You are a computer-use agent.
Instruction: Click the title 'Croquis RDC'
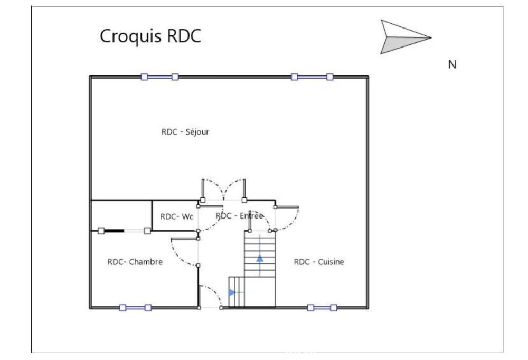(x=150, y=37)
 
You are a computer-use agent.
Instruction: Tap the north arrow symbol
(x=404, y=37)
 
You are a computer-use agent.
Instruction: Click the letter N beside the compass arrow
(x=452, y=64)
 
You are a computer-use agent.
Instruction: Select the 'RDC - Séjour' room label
(x=185, y=132)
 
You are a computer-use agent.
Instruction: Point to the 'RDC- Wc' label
(x=177, y=216)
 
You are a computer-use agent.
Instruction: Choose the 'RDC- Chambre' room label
(x=135, y=262)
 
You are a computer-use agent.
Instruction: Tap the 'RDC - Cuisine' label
(x=319, y=262)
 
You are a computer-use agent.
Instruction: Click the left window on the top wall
(x=159, y=77)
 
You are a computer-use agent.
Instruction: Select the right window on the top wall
(x=312, y=77)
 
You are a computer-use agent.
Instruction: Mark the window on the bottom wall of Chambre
(x=135, y=308)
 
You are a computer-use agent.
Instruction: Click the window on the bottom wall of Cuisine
(x=322, y=308)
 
